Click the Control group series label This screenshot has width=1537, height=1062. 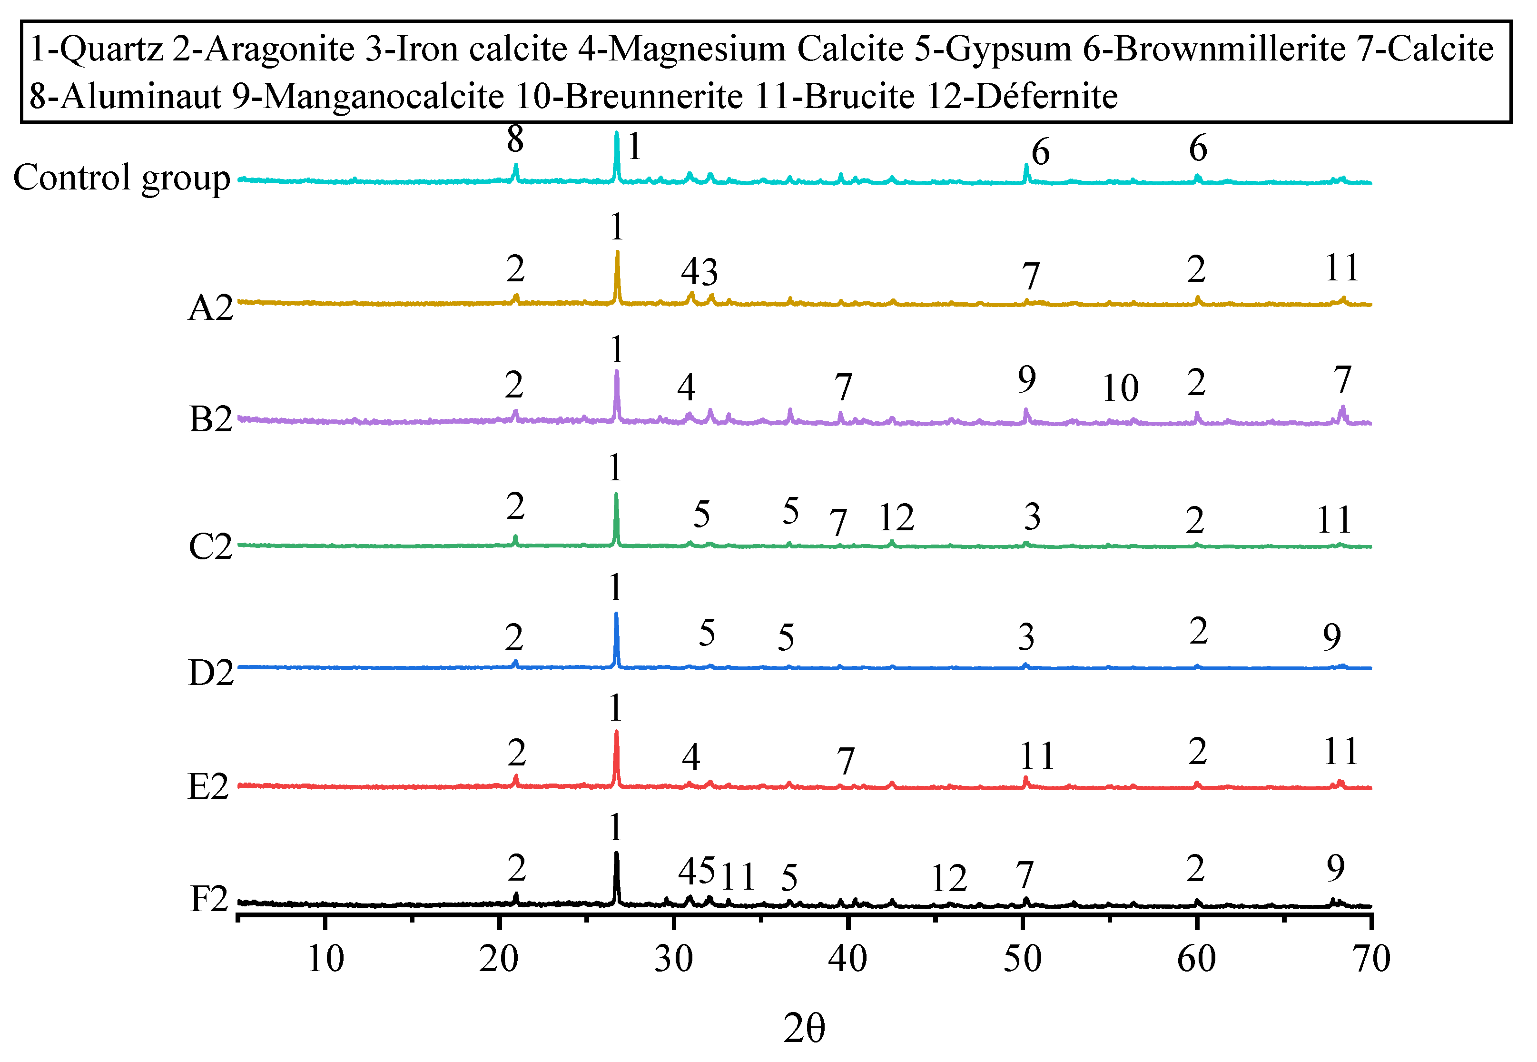(122, 179)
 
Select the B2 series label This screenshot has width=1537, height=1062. (210, 419)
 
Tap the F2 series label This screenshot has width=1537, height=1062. (209, 900)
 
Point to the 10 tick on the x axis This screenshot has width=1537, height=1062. (325, 959)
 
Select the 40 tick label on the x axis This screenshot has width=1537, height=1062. (847, 959)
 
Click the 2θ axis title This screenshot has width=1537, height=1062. (804, 1028)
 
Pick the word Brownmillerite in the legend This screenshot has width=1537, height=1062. (1230, 49)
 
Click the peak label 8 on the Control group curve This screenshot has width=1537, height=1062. (515, 140)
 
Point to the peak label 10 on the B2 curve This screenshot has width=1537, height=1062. (1120, 388)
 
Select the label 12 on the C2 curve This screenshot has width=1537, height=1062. (896, 518)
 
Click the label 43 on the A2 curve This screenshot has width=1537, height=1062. (699, 272)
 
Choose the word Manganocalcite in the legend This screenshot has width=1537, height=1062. (384, 97)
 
